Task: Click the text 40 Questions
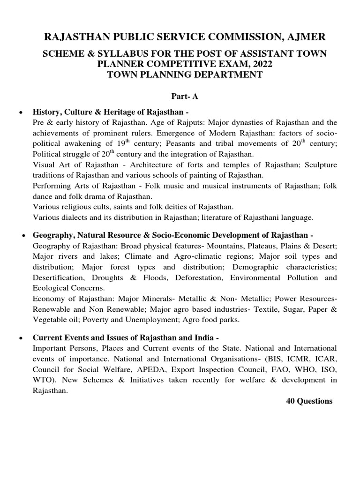[x=309, y=401]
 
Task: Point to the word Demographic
[x=261, y=267]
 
